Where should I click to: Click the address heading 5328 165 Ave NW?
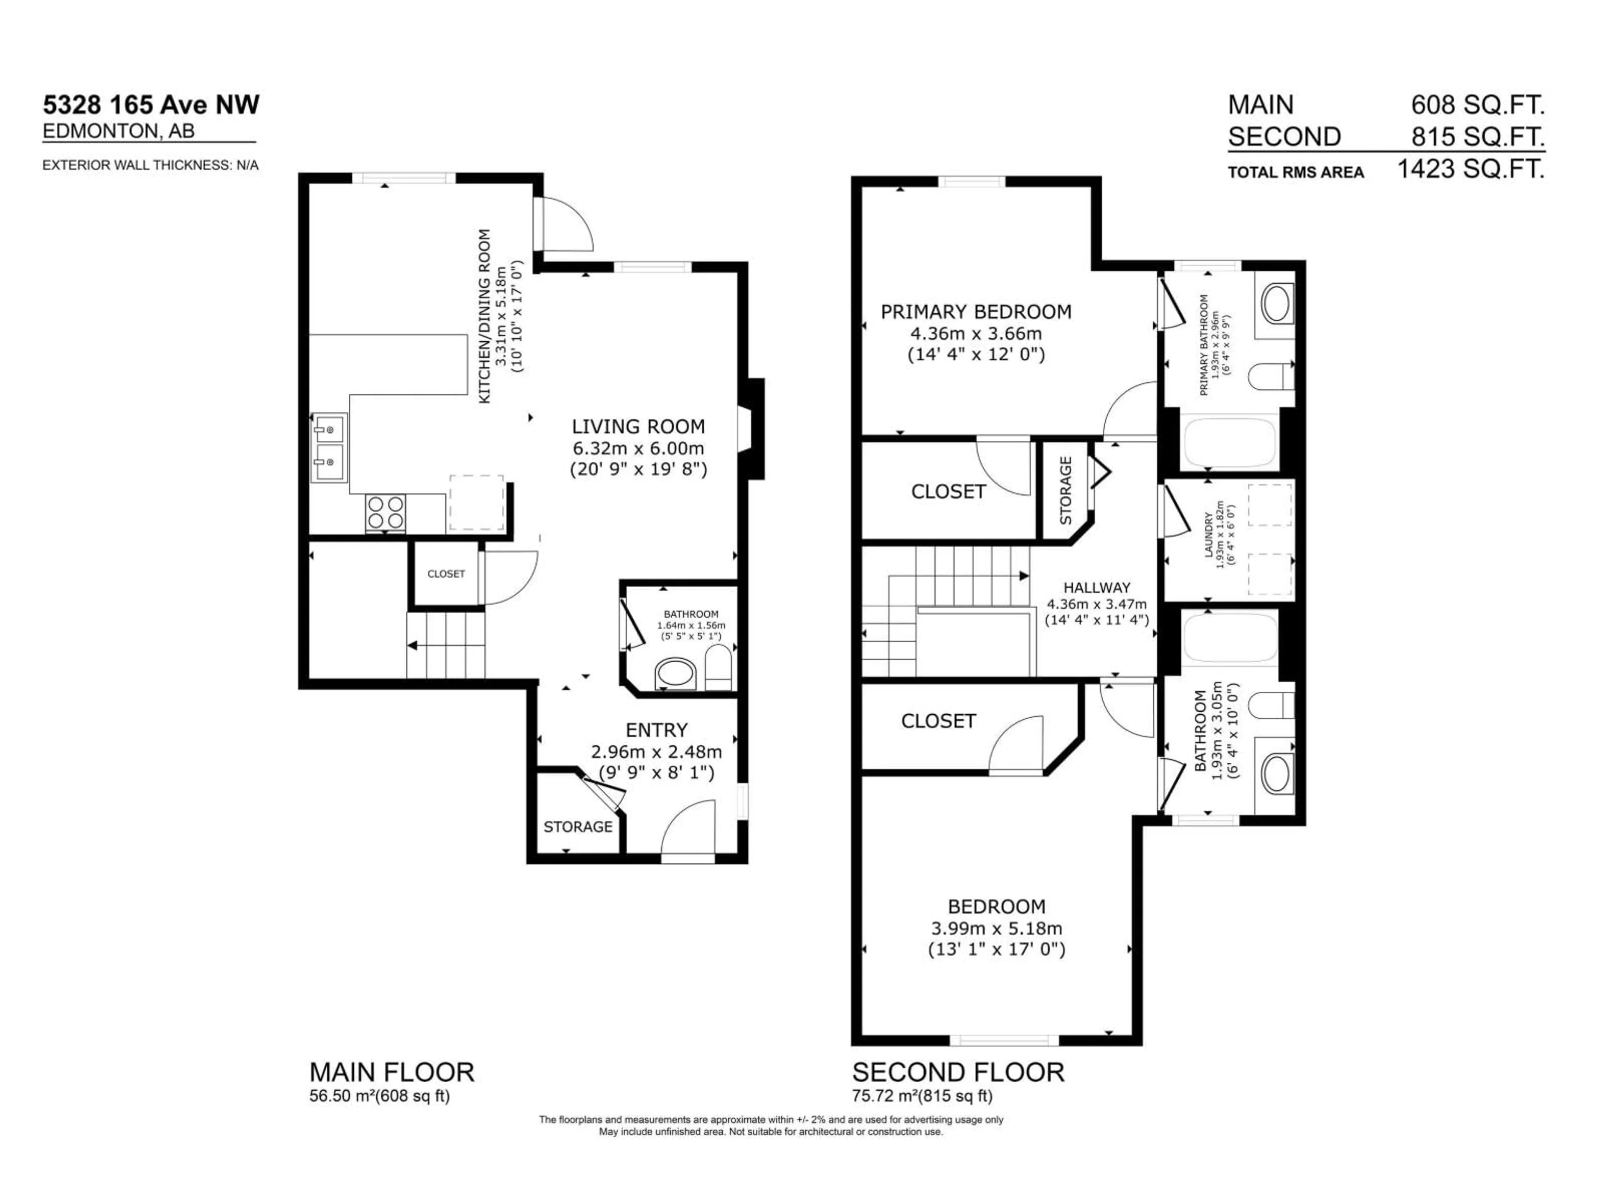tap(151, 105)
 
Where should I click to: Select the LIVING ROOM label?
tap(638, 426)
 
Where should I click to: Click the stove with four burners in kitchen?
tap(386, 512)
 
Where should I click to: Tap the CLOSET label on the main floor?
tap(446, 574)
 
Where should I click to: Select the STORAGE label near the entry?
tap(578, 827)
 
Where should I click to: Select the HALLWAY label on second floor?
tap(1096, 587)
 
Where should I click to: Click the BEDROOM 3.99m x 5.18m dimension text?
tap(996, 928)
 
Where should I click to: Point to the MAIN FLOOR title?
tap(391, 1072)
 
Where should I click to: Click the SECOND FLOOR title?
tap(958, 1072)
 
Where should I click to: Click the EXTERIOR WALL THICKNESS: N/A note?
tap(150, 165)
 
